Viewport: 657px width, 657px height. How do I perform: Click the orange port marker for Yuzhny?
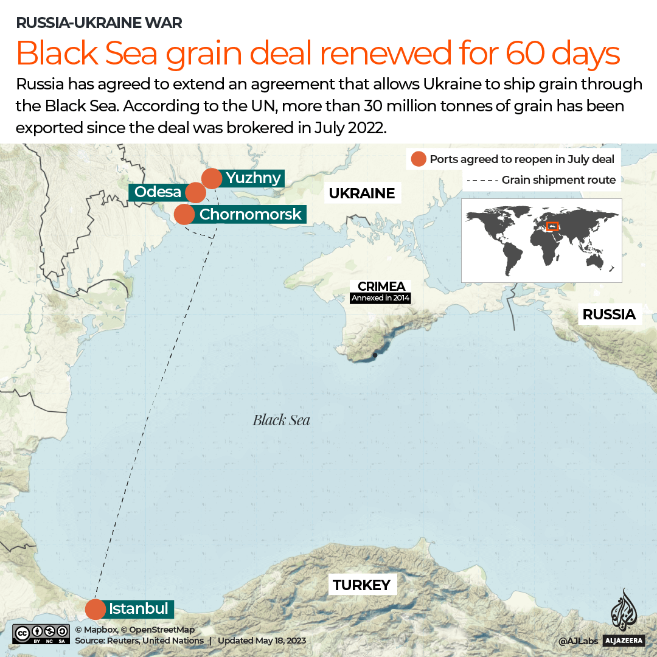[x=212, y=179]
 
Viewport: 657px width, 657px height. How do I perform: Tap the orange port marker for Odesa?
[x=195, y=192]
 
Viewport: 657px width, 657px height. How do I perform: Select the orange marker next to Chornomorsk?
[x=184, y=214]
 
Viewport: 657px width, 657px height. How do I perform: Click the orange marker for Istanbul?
[x=96, y=609]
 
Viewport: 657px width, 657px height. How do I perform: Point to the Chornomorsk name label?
[x=250, y=214]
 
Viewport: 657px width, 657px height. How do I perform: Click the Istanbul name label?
[x=139, y=608]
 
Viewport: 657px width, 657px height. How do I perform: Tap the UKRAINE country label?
[x=361, y=193]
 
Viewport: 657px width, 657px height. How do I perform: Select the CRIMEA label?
[x=381, y=286]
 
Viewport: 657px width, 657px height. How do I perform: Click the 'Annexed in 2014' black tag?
[x=381, y=298]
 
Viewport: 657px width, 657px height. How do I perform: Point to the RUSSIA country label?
[x=608, y=315]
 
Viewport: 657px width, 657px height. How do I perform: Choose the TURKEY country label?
[x=361, y=585]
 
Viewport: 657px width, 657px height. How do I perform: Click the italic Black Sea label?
[x=281, y=420]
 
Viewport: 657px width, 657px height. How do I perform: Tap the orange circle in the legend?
[x=419, y=159]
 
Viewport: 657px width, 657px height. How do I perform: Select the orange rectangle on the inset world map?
[x=553, y=226]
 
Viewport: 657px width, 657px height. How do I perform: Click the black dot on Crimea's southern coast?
[x=375, y=355]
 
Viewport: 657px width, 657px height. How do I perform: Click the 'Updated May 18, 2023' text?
[x=262, y=641]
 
